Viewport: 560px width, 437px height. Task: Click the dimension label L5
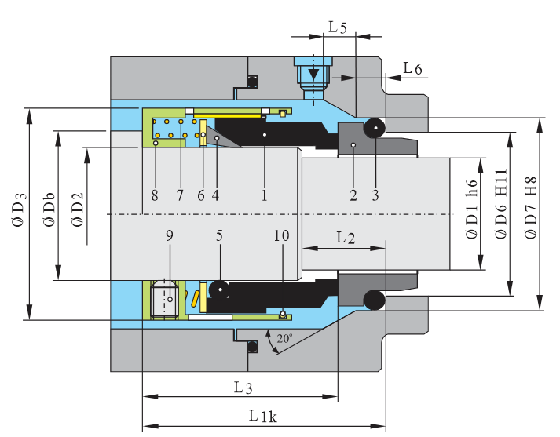coord(337,27)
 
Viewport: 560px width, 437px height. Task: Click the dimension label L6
coord(412,69)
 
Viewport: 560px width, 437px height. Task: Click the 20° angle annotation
coord(284,340)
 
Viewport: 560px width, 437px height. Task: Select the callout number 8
coord(155,195)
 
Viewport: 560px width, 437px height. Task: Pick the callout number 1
coord(265,195)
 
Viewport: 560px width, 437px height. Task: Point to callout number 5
coord(220,235)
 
